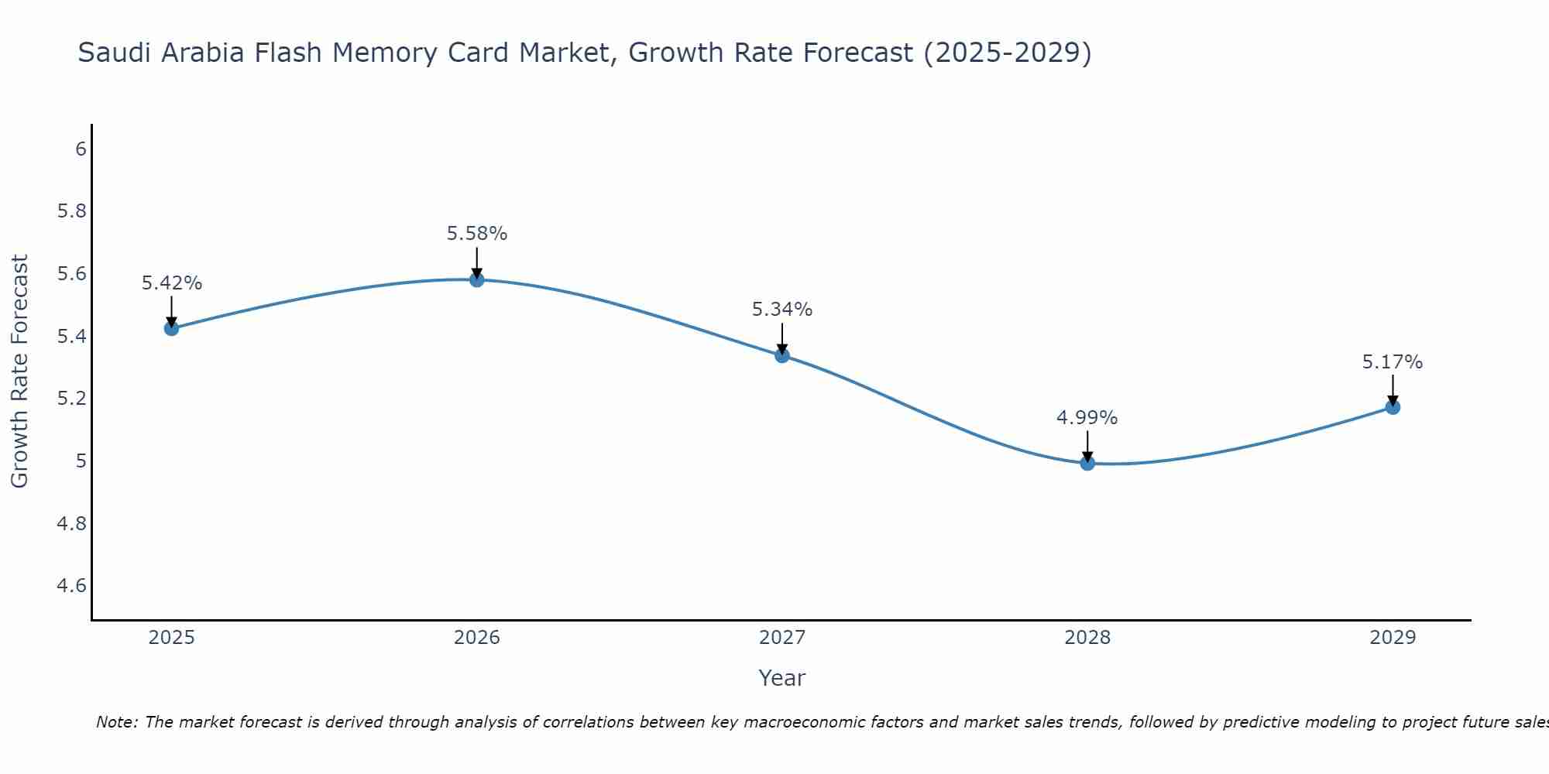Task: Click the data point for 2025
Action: click(x=171, y=328)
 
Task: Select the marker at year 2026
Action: click(x=477, y=279)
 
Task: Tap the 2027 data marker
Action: click(x=782, y=355)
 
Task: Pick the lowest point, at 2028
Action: click(x=1087, y=463)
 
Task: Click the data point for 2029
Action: click(x=1393, y=407)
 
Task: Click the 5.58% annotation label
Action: click(x=477, y=234)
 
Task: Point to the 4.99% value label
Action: click(x=1087, y=418)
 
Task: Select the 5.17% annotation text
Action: click(x=1393, y=362)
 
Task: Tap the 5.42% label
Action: click(x=171, y=283)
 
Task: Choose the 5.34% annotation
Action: click(x=782, y=310)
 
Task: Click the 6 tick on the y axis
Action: click(x=81, y=149)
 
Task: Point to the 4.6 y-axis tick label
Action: click(x=72, y=586)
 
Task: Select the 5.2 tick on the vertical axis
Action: click(x=72, y=399)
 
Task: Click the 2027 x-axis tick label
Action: click(x=782, y=638)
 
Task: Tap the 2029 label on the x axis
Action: click(x=1393, y=638)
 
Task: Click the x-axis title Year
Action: click(x=782, y=678)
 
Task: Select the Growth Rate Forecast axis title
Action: click(x=20, y=372)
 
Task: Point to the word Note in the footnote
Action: click(x=116, y=722)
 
